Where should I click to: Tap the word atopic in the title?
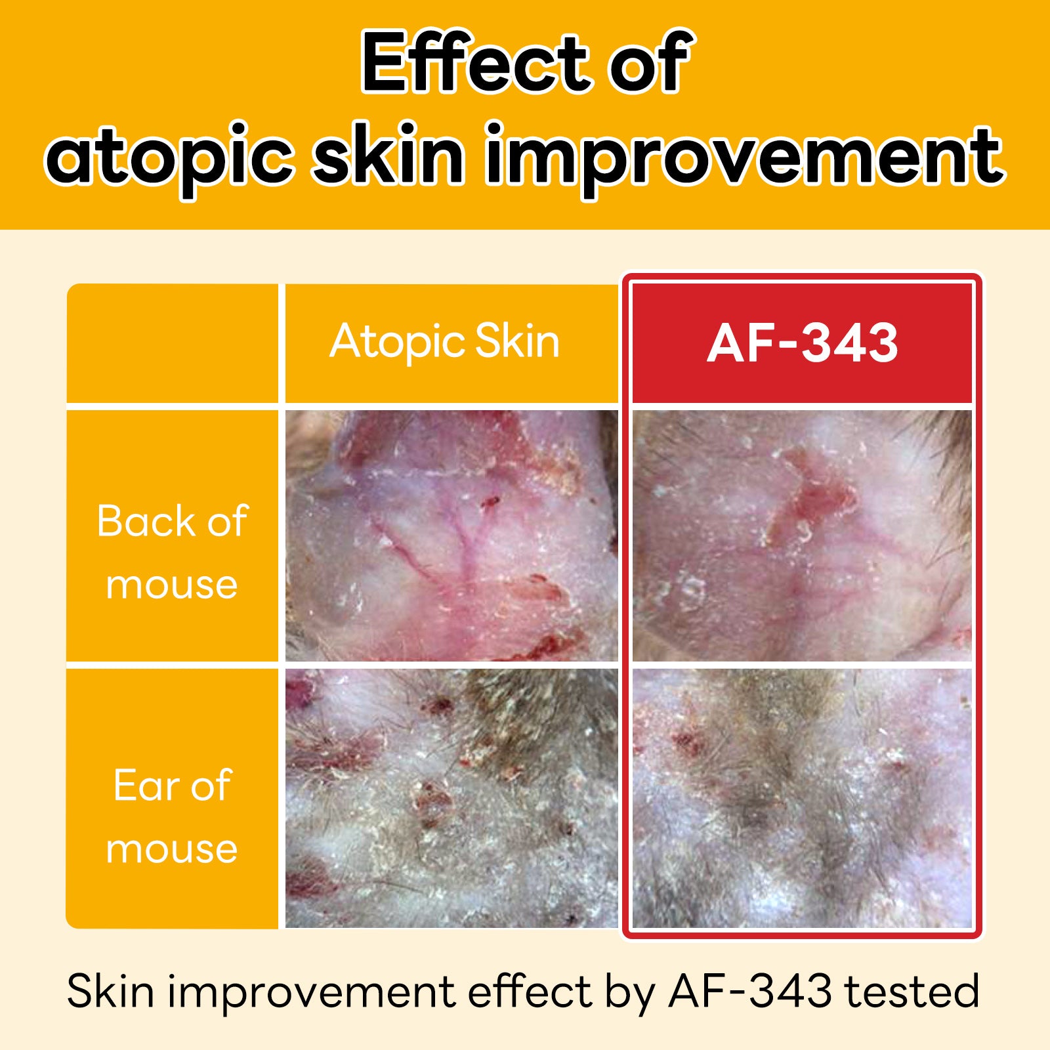coord(169,157)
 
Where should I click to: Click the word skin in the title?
coord(388,154)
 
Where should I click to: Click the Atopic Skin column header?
coord(445,342)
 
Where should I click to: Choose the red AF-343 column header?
coord(802,343)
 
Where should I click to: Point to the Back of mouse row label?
coord(172,552)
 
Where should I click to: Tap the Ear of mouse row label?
coord(172,816)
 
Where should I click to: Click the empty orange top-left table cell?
coord(172,343)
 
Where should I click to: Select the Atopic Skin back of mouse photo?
coord(451,535)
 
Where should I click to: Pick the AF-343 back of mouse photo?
coord(802,535)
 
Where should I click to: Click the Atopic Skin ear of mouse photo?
coord(451,799)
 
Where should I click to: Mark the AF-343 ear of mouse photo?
coord(802,799)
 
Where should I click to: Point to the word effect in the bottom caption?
coord(530,991)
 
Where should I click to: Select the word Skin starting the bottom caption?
coord(110,991)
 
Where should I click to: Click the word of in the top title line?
coord(650,62)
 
